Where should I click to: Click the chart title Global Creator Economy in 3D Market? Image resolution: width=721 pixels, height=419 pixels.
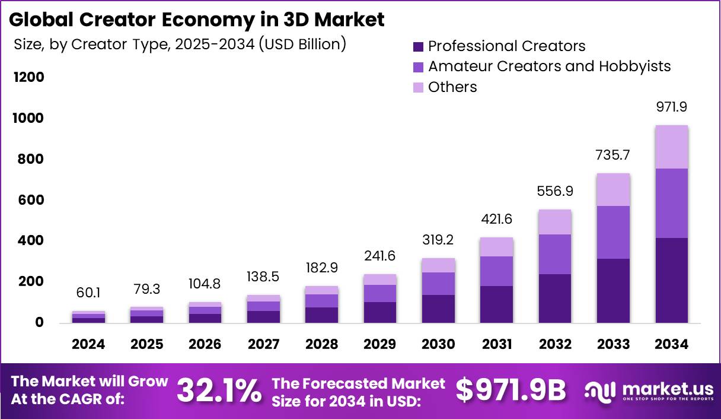tap(196, 20)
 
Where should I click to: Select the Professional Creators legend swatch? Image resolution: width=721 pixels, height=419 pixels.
tap(419, 46)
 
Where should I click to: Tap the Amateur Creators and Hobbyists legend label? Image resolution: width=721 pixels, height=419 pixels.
tap(549, 66)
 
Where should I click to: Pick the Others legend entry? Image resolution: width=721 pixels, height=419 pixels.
tap(452, 87)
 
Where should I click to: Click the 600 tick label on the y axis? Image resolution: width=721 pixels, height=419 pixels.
tap(28, 201)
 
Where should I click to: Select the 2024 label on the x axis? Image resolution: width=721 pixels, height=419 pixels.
tap(88, 345)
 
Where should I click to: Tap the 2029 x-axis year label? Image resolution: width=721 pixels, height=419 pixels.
tap(380, 345)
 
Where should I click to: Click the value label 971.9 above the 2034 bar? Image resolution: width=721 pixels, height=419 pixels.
tap(671, 108)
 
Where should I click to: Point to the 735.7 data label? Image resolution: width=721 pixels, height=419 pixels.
tap(613, 155)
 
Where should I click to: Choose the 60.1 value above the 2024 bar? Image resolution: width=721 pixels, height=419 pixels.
tap(88, 293)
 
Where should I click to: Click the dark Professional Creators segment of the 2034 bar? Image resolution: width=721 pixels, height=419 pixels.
tap(671, 280)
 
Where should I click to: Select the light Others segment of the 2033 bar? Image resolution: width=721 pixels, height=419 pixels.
tap(613, 190)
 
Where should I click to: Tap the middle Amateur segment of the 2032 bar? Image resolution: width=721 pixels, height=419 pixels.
tap(555, 254)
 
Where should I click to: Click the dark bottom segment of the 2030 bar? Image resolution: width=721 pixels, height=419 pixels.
tap(438, 309)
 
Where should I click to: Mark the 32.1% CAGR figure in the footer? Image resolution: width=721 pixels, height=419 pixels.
tap(219, 391)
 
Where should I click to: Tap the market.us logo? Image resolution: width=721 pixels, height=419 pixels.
tap(649, 391)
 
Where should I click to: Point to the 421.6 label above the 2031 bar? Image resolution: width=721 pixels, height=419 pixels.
tap(496, 220)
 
